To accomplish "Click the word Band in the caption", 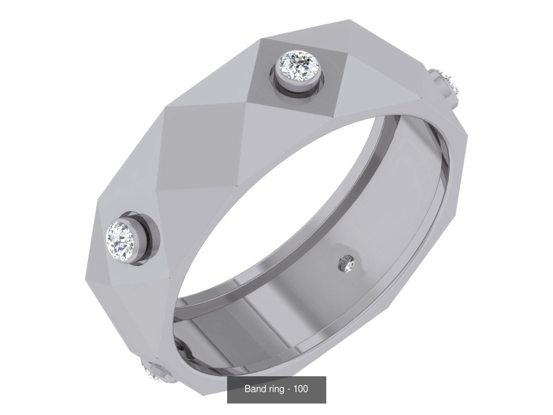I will coord(254,389).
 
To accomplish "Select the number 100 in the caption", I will coord(301,389).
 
